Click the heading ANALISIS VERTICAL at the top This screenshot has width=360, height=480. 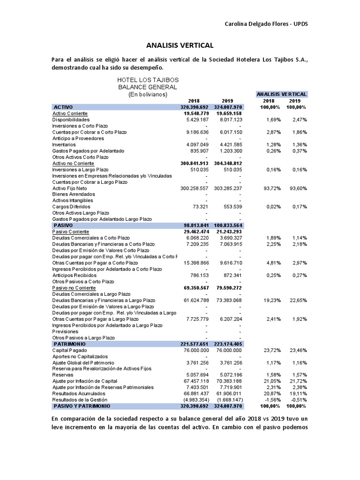[180, 45]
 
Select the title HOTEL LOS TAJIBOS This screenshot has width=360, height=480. [148, 80]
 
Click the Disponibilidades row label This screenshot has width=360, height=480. [74, 120]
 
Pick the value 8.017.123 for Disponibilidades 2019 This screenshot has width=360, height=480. [228, 120]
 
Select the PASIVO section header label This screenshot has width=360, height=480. [64, 225]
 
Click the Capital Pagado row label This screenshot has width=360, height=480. [70, 350]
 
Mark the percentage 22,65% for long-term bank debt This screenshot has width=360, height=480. [295, 300]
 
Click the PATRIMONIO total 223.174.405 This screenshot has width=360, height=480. [227, 344]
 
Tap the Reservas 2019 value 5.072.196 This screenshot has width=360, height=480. [228, 375]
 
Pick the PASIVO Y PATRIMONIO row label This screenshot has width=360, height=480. [82, 405]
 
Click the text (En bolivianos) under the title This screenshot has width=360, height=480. [148, 94]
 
